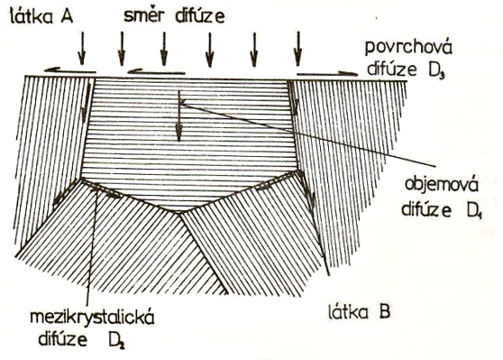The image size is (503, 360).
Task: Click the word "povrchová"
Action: click(408, 49)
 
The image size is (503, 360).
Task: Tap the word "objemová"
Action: click(442, 186)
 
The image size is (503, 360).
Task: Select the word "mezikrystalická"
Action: click(92, 318)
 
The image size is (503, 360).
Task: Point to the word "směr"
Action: click(142, 15)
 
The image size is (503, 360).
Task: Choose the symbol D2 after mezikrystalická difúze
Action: click(116, 341)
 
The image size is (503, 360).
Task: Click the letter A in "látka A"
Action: click(67, 16)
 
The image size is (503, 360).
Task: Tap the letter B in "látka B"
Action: click(384, 311)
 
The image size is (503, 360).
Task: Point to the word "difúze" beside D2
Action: click(63, 339)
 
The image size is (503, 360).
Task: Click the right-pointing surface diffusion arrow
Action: click(327, 74)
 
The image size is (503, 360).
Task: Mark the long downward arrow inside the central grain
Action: click(179, 116)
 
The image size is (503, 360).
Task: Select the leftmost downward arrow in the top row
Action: click(82, 48)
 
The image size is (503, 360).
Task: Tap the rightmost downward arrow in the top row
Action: click(298, 49)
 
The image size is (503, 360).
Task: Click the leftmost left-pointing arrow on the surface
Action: click(70, 70)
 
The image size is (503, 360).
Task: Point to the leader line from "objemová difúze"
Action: click(307, 134)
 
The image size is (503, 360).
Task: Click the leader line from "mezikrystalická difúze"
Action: click(91, 246)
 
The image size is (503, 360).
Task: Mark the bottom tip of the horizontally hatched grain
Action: click(179, 212)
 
